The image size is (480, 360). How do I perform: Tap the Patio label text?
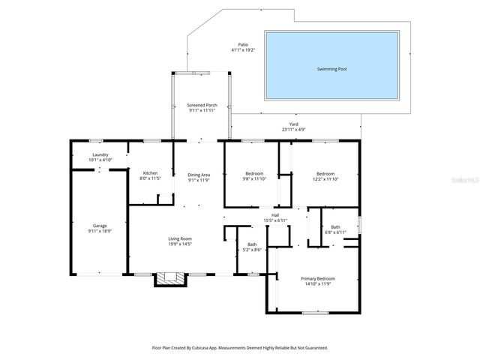pos(243,45)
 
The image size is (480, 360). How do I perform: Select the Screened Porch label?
pos(202,105)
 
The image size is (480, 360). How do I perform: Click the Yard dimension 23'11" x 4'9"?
pos(294,130)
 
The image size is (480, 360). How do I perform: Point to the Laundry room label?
pos(100,155)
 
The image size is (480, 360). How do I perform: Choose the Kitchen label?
pos(150,173)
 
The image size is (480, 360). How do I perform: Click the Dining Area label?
pos(199,175)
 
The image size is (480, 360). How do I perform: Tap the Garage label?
pos(100,226)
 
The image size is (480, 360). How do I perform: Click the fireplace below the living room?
pos(169,279)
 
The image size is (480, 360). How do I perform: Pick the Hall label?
pos(276,215)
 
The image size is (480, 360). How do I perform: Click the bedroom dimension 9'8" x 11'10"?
pos(253,179)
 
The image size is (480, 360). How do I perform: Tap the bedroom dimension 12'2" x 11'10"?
pos(325,179)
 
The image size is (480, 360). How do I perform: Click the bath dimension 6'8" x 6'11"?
pos(335,232)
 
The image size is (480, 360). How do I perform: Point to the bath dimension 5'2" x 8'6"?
pos(253,250)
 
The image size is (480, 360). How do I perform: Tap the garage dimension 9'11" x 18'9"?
pos(100,231)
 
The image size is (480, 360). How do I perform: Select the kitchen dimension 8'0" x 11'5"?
pos(150,179)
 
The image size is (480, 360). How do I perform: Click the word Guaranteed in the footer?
pos(315,348)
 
